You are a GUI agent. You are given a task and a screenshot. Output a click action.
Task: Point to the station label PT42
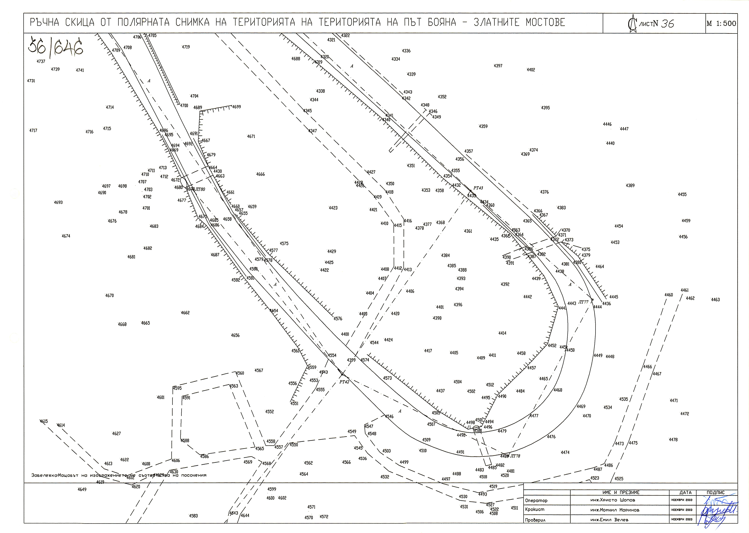click(x=344, y=382)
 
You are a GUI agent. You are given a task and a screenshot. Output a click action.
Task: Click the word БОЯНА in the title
click(x=442, y=22)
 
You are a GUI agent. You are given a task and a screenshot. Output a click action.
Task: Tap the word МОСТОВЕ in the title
click(x=545, y=22)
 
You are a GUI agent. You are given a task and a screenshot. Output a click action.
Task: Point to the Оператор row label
click(x=536, y=501)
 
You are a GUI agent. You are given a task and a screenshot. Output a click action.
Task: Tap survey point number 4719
click(x=186, y=47)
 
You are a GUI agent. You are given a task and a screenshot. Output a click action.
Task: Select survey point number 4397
click(x=498, y=66)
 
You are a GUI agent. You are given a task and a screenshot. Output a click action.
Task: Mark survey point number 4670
click(x=110, y=295)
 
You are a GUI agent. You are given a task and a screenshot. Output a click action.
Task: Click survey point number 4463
click(x=715, y=300)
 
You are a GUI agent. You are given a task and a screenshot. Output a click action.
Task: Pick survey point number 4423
click(x=333, y=208)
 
